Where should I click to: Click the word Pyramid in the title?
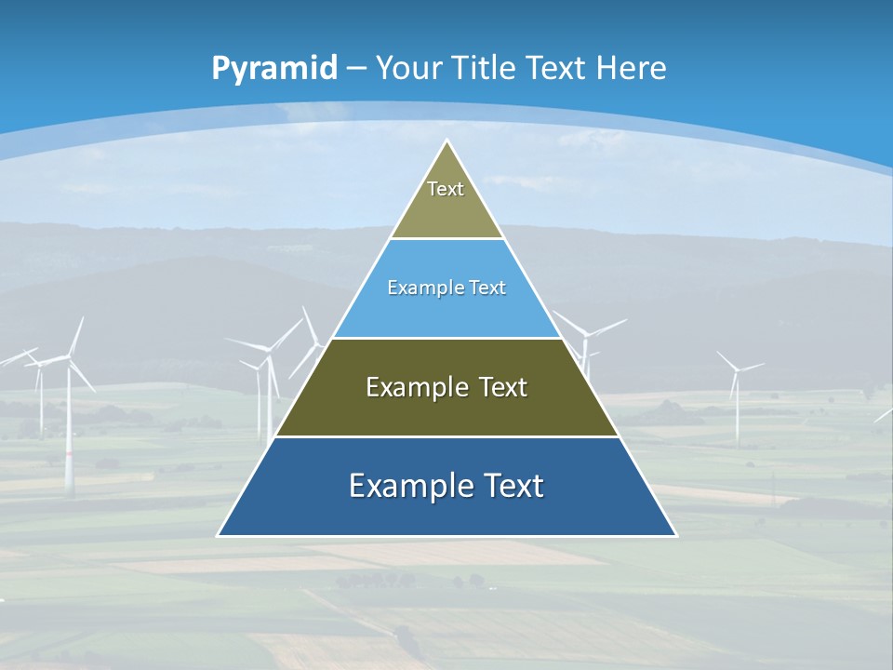click(274, 69)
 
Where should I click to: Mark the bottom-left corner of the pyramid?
click(219, 536)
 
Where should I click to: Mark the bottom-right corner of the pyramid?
click(676, 536)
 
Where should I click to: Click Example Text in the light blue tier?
click(446, 288)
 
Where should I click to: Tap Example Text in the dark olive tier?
click(446, 387)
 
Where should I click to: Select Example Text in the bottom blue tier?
click(446, 486)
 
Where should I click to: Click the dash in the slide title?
click(356, 69)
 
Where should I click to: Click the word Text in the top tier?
click(446, 189)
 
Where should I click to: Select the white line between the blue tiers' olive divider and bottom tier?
click(446, 436)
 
